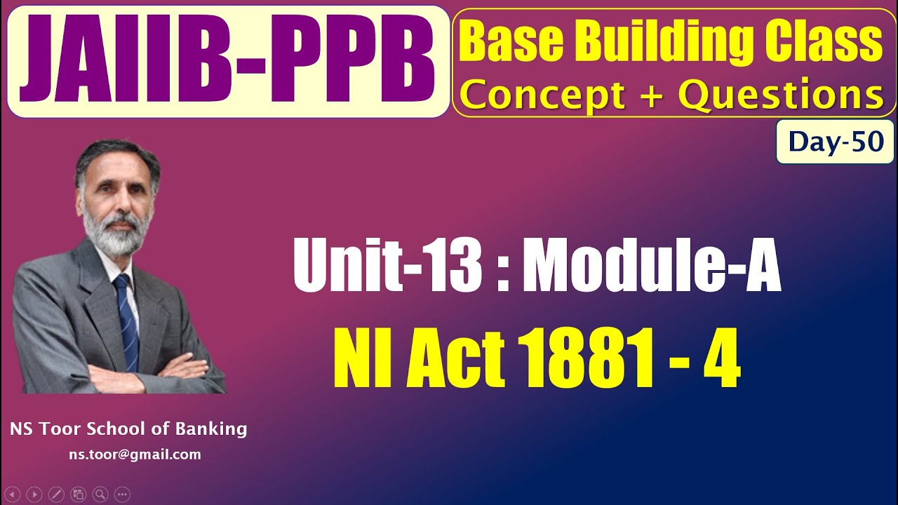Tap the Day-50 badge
pyautogui.click(x=835, y=142)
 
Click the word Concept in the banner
pyautogui.click(x=542, y=95)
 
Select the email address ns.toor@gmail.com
pyautogui.click(x=135, y=454)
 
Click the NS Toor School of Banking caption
pyautogui.click(x=128, y=429)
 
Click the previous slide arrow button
pyautogui.click(x=12, y=494)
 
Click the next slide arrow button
pyautogui.click(x=34, y=494)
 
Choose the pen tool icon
pyautogui.click(x=56, y=494)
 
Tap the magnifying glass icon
pyautogui.click(x=100, y=494)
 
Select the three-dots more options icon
pyautogui.click(x=122, y=494)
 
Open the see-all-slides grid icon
pyautogui.click(x=78, y=494)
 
